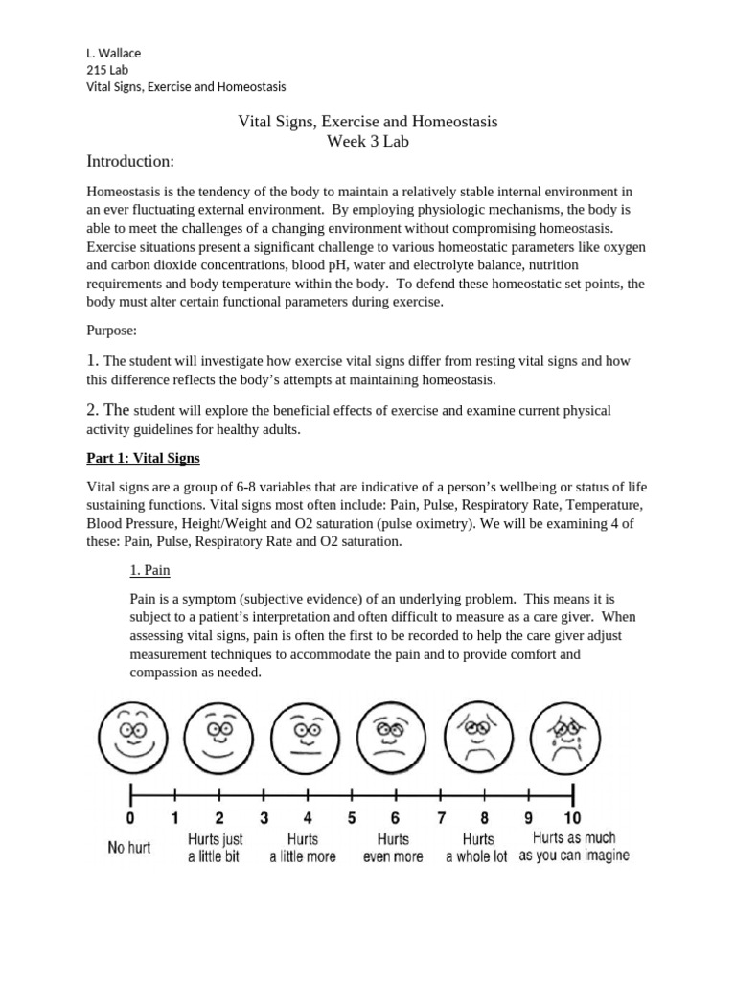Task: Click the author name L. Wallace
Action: (113, 53)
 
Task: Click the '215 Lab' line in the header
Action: (107, 70)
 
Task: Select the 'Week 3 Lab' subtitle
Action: (367, 142)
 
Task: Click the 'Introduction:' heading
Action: (130, 160)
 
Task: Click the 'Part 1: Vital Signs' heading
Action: (143, 458)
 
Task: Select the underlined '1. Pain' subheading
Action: (149, 570)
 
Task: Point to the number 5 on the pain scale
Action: (352, 818)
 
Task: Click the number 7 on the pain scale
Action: (442, 818)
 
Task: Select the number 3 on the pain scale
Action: (264, 818)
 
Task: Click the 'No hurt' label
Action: (129, 848)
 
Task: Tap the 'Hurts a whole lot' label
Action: (477, 848)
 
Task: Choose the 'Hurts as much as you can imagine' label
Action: (574, 847)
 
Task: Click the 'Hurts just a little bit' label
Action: (214, 848)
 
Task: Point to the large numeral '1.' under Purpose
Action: (93, 361)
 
